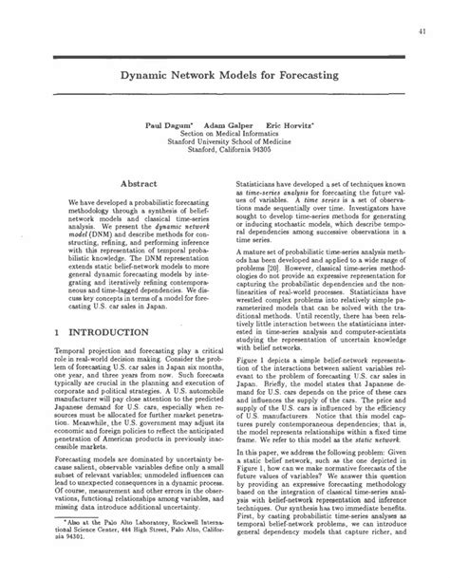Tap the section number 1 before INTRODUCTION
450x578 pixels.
click(58, 333)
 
